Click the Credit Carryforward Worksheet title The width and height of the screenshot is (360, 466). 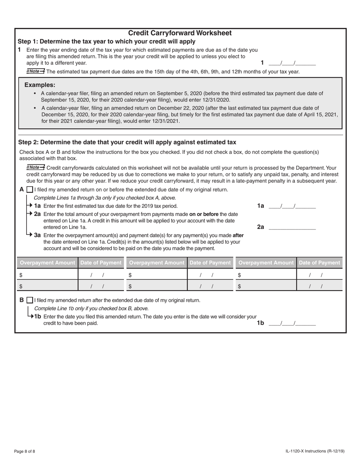pos(180,33)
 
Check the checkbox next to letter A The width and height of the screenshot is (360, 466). pos(30,190)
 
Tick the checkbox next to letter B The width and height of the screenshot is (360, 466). pos(30,300)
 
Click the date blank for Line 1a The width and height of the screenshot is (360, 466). pos(292,206)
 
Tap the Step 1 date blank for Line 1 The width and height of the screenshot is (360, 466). pos(292,63)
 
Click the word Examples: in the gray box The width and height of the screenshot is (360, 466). pos(40,85)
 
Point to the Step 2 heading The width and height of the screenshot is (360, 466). pos(127,142)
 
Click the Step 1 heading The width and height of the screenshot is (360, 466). pos(106,41)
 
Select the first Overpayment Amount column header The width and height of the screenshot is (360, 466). pos(47,263)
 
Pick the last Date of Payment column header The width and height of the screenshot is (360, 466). pos(319,263)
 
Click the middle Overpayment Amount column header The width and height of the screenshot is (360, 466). pos(157,263)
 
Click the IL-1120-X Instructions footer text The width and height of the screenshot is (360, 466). pos(316,451)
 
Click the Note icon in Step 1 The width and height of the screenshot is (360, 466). pos(36,71)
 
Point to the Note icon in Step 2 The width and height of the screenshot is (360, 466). pos(36,167)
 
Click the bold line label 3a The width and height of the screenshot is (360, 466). pos(38,235)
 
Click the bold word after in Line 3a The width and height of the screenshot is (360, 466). pos(238,235)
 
